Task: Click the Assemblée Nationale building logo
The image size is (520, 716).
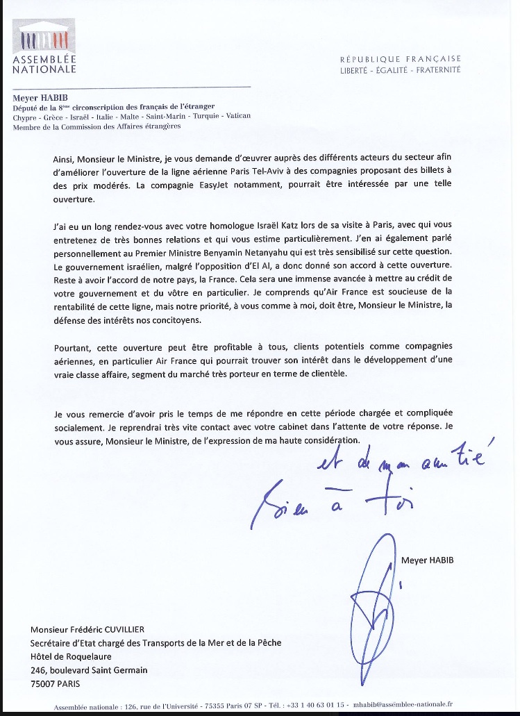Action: pyautogui.click(x=44, y=38)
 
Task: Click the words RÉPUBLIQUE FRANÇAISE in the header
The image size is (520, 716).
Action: pyautogui.click(x=400, y=59)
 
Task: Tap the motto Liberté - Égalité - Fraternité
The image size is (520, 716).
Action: pyautogui.click(x=400, y=70)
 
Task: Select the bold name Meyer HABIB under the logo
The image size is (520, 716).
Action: pyautogui.click(x=35, y=98)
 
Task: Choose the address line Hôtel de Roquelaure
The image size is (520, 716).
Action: pyautogui.click(x=71, y=656)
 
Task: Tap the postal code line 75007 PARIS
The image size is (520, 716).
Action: pyautogui.click(x=56, y=683)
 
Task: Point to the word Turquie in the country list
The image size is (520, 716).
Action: pyautogui.click(x=199, y=117)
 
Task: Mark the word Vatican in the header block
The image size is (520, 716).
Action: pyautogui.click(x=235, y=117)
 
